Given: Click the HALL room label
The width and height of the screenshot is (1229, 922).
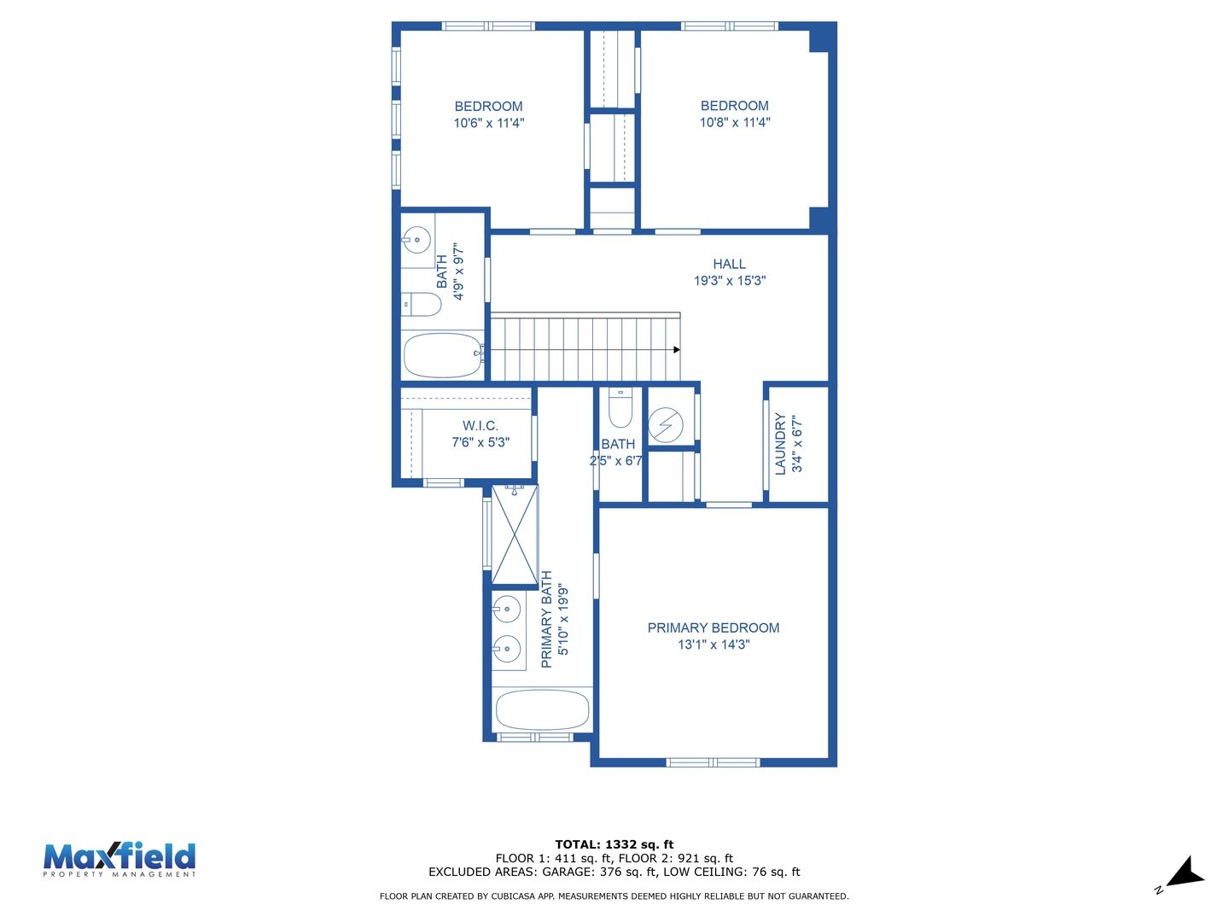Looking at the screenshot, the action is tap(729, 264).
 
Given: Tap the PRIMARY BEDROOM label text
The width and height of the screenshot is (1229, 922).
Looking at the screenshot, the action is tap(713, 627).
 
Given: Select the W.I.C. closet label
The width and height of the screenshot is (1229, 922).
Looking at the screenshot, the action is tap(480, 425).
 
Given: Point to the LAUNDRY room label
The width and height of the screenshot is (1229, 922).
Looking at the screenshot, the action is tap(780, 444).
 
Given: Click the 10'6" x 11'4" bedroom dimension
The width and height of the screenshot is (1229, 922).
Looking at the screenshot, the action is tap(488, 123).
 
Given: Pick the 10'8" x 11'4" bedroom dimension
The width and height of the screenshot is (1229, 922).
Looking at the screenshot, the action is tap(735, 122).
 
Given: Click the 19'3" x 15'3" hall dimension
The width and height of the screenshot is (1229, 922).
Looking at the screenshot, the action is tap(729, 281).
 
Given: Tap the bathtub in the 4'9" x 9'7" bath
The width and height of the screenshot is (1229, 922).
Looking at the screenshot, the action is tap(443, 355).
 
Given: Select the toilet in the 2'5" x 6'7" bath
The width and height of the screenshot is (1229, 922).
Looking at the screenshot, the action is tap(620, 407).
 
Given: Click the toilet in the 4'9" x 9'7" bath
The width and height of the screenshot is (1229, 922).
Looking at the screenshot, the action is tap(422, 304).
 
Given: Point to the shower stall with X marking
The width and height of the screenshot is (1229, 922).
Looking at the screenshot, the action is tap(515, 534).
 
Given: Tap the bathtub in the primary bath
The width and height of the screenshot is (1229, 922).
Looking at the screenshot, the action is tap(542, 709).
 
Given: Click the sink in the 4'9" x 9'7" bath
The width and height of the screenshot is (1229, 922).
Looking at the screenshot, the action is tap(417, 240).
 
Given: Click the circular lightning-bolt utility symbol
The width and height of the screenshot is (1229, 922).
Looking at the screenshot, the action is tap(666, 425).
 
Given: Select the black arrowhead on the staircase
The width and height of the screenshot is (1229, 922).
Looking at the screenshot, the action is tap(676, 350).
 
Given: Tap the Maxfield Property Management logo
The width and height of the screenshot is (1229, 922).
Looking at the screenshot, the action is tap(119, 860).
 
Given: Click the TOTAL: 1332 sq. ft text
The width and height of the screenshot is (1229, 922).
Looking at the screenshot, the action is tap(614, 844).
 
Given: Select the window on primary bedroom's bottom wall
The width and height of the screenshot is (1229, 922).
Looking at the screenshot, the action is tap(712, 762).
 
